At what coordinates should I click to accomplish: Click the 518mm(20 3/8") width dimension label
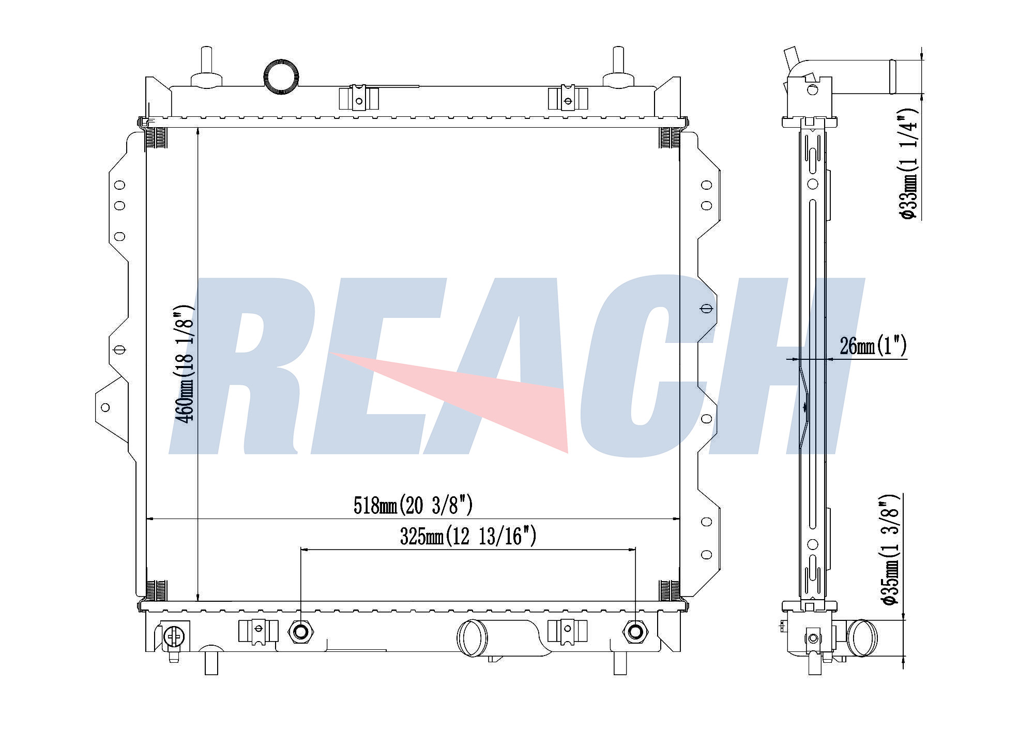(x=413, y=505)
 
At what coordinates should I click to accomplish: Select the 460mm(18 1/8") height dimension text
(x=186, y=364)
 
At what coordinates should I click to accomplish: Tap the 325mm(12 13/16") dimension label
(x=468, y=536)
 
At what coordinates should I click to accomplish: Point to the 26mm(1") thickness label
(x=873, y=346)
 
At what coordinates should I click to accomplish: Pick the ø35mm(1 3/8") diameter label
(x=890, y=550)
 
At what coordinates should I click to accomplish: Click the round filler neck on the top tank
(x=281, y=77)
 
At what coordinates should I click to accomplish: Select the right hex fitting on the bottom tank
(x=635, y=631)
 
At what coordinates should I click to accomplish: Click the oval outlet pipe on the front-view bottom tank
(x=472, y=638)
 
